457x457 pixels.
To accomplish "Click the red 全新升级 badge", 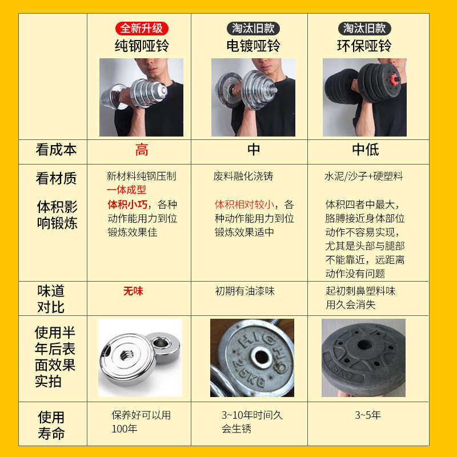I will [x=142, y=28].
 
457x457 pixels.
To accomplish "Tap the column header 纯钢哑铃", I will [x=142, y=45].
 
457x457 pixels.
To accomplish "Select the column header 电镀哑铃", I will [x=254, y=45].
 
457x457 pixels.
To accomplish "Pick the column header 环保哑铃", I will [x=364, y=45].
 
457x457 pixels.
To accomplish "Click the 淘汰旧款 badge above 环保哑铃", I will [x=364, y=28].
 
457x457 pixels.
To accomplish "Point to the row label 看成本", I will [x=56, y=150].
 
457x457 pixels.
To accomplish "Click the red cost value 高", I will [x=142, y=150].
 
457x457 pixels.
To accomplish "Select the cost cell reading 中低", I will [x=365, y=150].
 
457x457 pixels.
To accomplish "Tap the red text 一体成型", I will [x=126, y=190].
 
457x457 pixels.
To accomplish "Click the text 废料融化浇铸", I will [x=243, y=177].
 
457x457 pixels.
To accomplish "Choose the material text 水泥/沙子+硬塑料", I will [x=364, y=177].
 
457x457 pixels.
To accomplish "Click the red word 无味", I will [x=133, y=291].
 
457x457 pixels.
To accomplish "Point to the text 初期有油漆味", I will [x=244, y=291].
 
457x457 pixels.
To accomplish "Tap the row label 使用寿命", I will [x=51, y=425].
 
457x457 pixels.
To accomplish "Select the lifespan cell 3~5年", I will [x=368, y=415].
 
